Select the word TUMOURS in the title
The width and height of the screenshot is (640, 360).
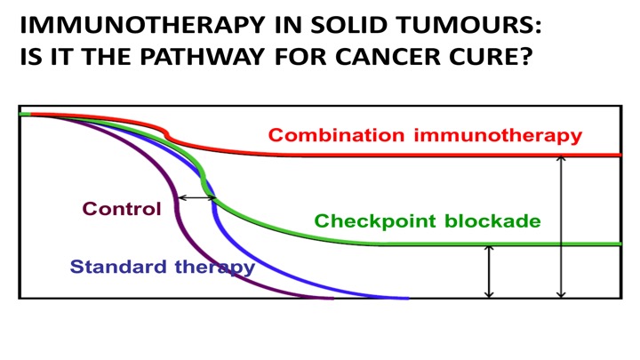(x=466, y=25)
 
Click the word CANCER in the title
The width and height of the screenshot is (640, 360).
(x=388, y=56)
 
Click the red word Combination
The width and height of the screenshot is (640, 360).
(x=336, y=135)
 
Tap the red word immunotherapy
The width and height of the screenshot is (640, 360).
(x=498, y=136)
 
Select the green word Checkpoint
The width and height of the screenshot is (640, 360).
(x=375, y=221)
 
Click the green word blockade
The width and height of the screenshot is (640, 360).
(x=492, y=220)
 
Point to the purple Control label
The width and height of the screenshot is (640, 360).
(x=122, y=209)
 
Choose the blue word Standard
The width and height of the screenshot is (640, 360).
(x=118, y=267)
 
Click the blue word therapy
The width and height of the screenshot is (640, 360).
(x=215, y=268)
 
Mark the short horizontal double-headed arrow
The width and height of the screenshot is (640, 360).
(x=197, y=198)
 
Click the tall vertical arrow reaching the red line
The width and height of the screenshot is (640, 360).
(x=561, y=227)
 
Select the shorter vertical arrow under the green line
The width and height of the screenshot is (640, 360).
(x=489, y=271)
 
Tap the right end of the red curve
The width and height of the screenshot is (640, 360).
(x=620, y=155)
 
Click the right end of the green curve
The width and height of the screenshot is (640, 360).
(x=620, y=244)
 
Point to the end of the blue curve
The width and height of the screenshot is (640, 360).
(x=408, y=299)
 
